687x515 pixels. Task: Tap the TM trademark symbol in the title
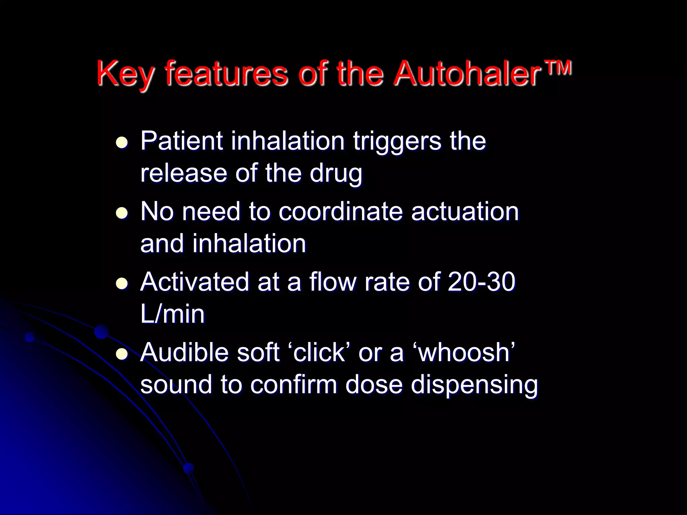(x=558, y=68)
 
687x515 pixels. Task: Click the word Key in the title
(x=126, y=74)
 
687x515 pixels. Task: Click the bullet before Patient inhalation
(x=122, y=142)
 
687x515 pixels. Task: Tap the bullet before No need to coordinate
(x=122, y=213)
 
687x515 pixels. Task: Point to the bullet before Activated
(x=122, y=284)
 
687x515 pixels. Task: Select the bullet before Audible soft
(x=122, y=354)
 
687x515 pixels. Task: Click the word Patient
(x=181, y=141)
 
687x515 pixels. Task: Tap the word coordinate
(x=340, y=212)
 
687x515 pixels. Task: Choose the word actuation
(x=465, y=212)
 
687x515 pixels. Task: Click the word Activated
(x=195, y=282)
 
